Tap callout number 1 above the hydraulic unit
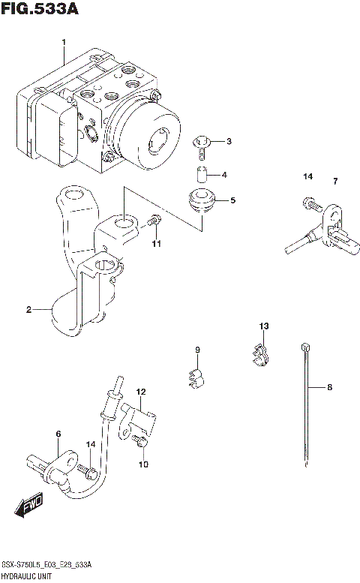64,41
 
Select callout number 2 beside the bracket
28,309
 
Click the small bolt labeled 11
154,221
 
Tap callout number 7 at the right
335,181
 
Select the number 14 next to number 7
307,177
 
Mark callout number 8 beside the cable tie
328,388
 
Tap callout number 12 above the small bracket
141,392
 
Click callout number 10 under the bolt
143,464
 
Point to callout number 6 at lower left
57,434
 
